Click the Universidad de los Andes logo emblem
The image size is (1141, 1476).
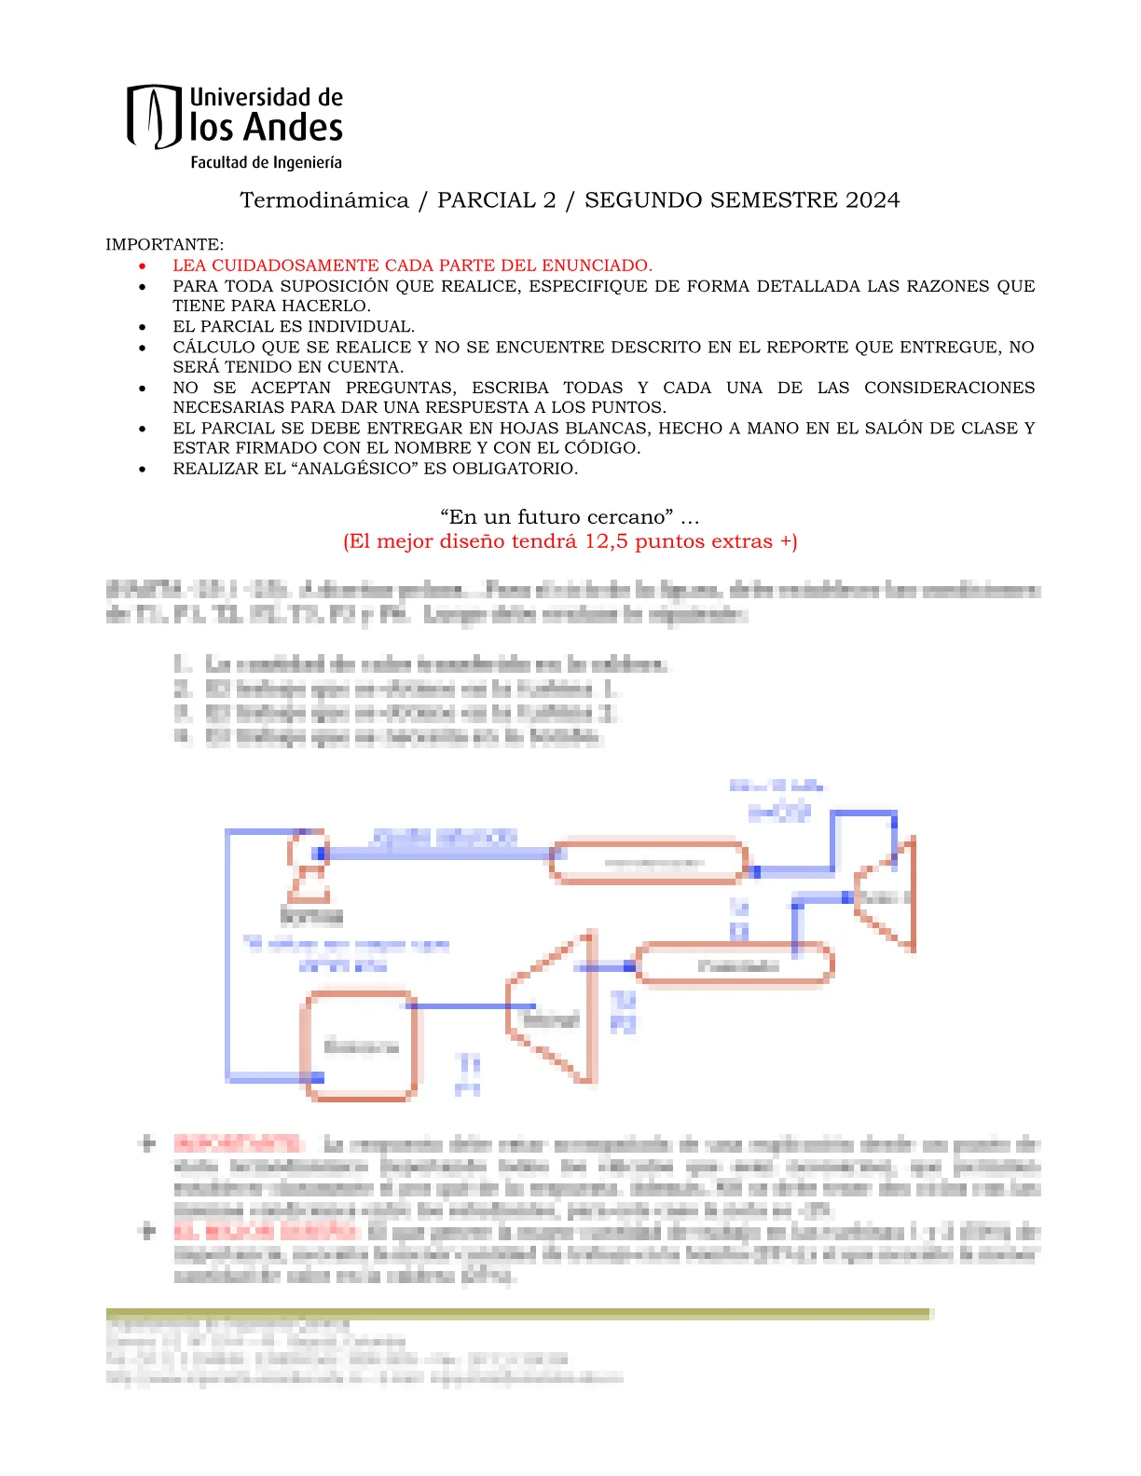pos(154,116)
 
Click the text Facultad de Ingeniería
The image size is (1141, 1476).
pos(266,162)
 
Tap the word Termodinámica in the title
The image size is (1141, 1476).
pos(324,200)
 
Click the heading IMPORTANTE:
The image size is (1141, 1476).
pos(164,245)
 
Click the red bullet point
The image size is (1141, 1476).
pos(143,266)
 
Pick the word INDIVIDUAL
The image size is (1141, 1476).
pos(363,327)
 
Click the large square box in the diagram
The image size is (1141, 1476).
pos(360,1046)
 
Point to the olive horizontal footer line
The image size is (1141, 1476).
pos(518,1314)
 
